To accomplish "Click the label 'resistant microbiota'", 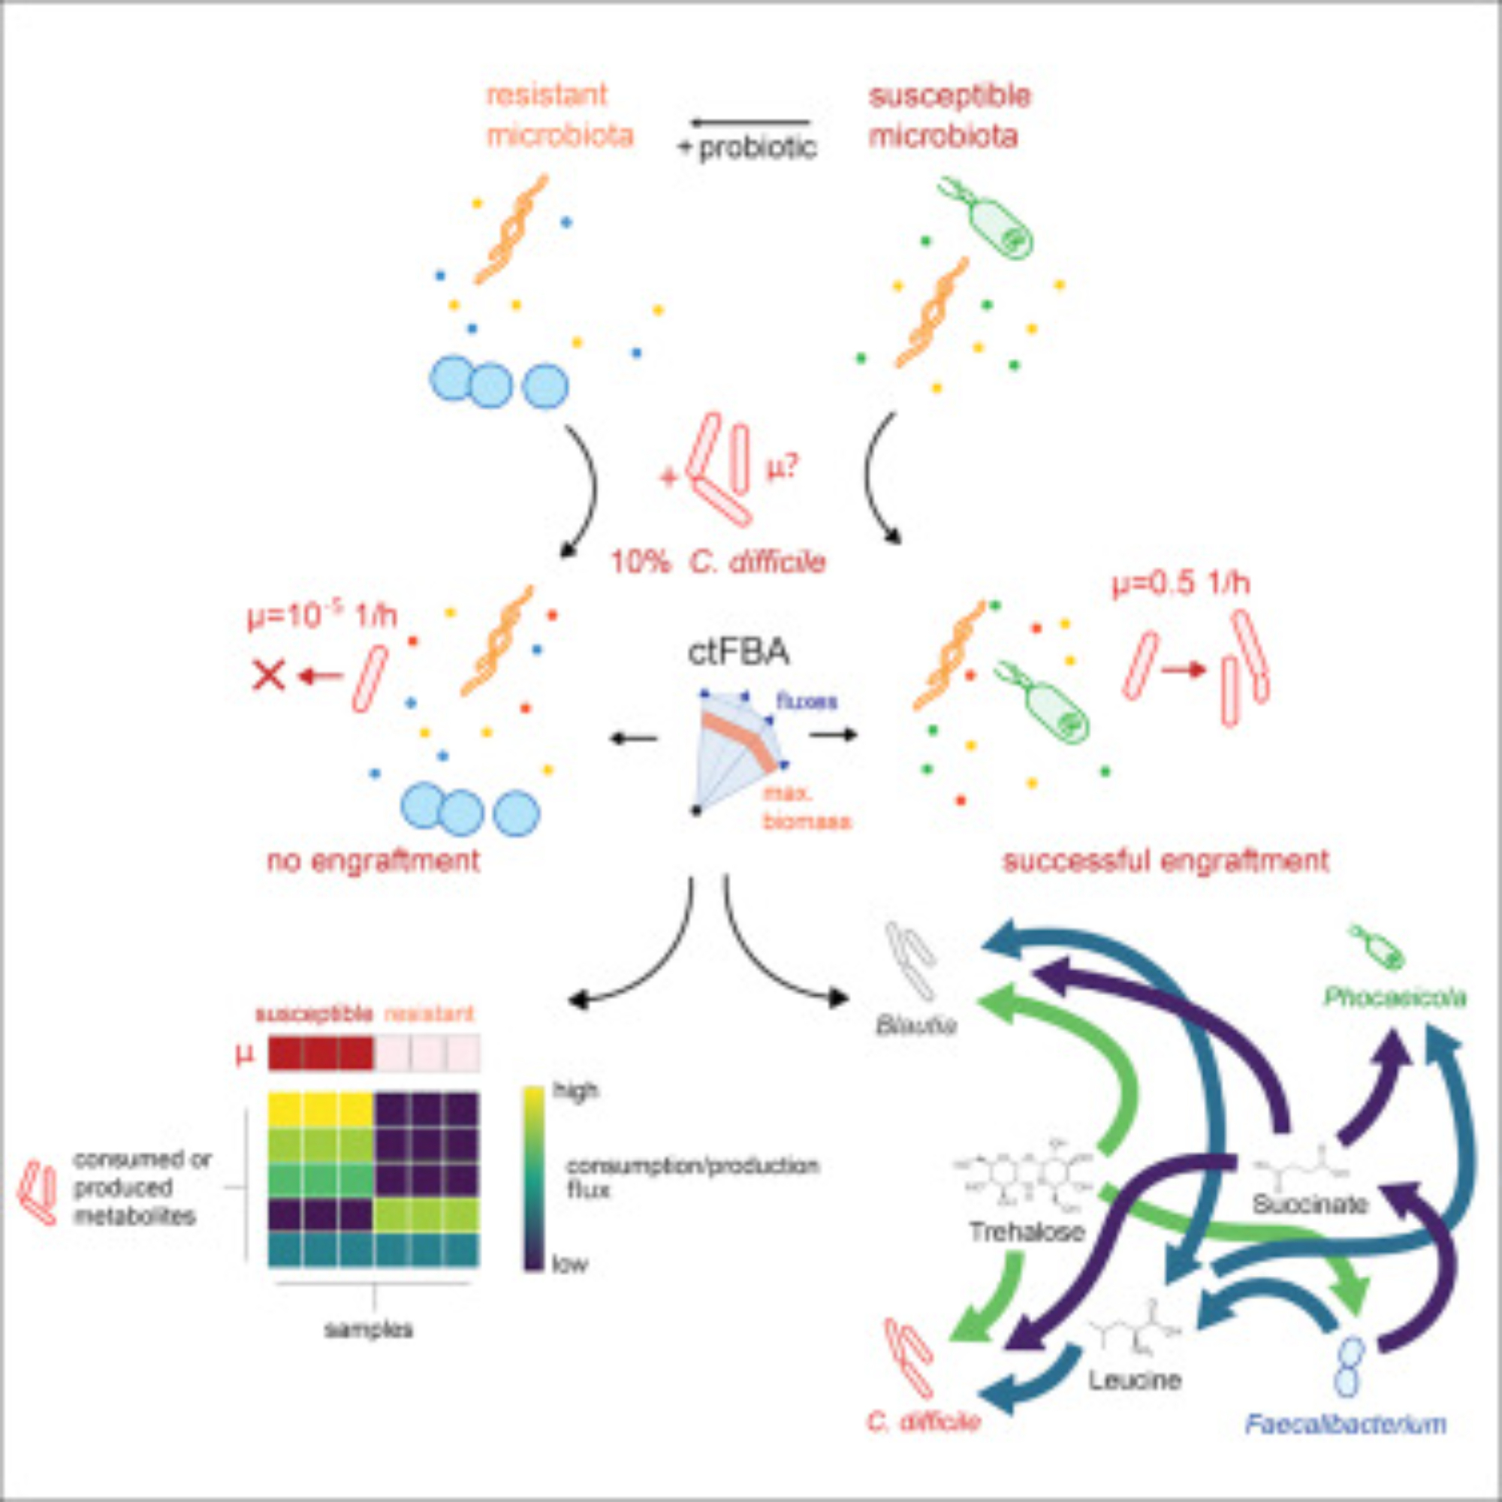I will pyautogui.click(x=559, y=116).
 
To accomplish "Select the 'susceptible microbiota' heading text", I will pyautogui.click(x=949, y=116).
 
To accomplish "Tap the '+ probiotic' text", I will pyautogui.click(x=748, y=148).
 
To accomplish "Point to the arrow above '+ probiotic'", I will pyautogui.click(x=750, y=122).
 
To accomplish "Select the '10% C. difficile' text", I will pyautogui.click(x=717, y=561).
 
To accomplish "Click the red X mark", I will pyautogui.click(x=269, y=677).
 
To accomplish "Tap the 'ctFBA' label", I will pyautogui.click(x=738, y=651).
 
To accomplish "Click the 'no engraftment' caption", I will pyautogui.click(x=373, y=861).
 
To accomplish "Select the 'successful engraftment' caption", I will pyautogui.click(x=1166, y=861).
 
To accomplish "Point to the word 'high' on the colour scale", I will pyautogui.click(x=575, y=1091).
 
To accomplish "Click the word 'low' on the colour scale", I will pyautogui.click(x=569, y=1264).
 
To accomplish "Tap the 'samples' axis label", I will pyautogui.click(x=369, y=1329).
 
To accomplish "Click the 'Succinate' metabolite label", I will pyautogui.click(x=1310, y=1205).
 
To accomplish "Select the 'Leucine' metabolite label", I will pyautogui.click(x=1134, y=1379).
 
